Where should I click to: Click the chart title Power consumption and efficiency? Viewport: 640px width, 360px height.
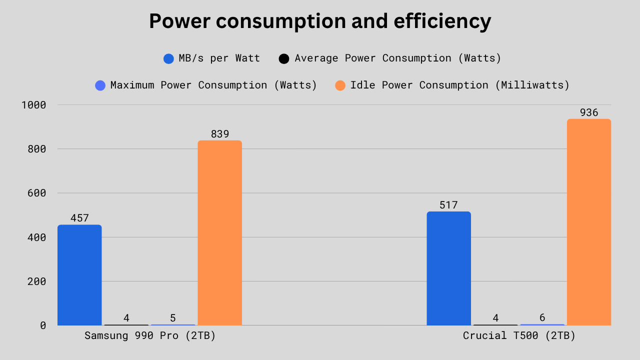[x=320, y=21]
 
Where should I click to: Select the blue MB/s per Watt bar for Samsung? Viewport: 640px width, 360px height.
[x=79, y=275]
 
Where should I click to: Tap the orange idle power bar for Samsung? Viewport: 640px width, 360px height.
[x=220, y=233]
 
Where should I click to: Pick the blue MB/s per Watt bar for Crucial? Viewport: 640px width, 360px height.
[x=448, y=268]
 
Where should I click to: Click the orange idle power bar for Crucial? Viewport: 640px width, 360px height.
[x=589, y=222]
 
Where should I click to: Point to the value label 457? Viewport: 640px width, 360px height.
[x=79, y=218]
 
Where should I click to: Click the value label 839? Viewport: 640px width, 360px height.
[x=220, y=134]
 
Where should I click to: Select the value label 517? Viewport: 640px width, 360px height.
[x=448, y=205]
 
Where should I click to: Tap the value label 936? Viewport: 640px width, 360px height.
[x=589, y=112]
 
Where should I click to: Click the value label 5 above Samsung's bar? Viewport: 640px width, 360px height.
[x=173, y=318]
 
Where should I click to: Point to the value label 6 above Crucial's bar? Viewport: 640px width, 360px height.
[x=542, y=317]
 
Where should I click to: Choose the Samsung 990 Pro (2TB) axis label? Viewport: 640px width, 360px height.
[x=150, y=336]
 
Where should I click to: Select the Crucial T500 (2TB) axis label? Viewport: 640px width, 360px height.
[x=519, y=336]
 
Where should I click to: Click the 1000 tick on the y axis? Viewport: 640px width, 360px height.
[x=34, y=105]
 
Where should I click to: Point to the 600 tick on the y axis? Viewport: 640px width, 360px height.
[x=37, y=193]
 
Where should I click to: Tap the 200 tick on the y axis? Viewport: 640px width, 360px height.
[x=37, y=281]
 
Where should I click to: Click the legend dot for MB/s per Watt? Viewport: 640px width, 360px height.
[x=168, y=58]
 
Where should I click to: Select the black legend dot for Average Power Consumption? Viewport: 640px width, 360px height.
[x=284, y=58]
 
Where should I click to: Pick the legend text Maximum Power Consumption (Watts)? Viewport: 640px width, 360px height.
[x=213, y=85]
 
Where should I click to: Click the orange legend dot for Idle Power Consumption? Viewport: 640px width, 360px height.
[x=340, y=85]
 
